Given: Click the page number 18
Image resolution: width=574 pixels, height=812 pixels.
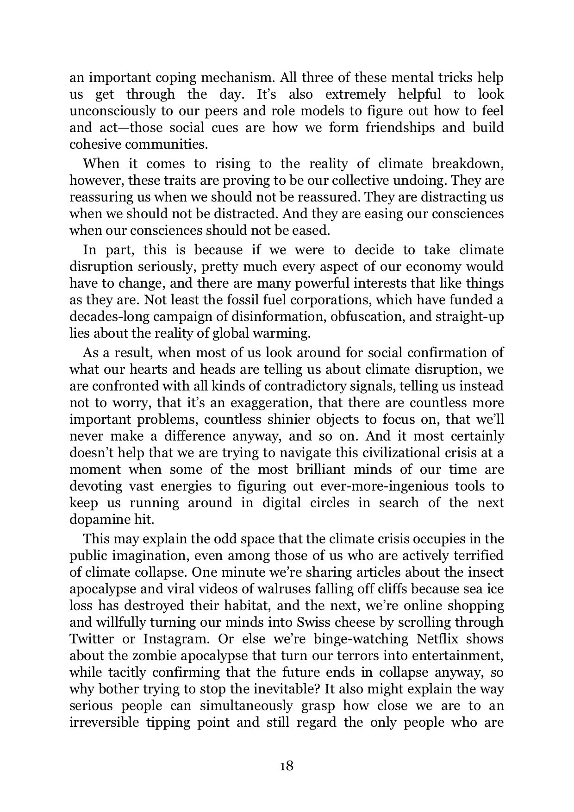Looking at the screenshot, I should click(x=287, y=765).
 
